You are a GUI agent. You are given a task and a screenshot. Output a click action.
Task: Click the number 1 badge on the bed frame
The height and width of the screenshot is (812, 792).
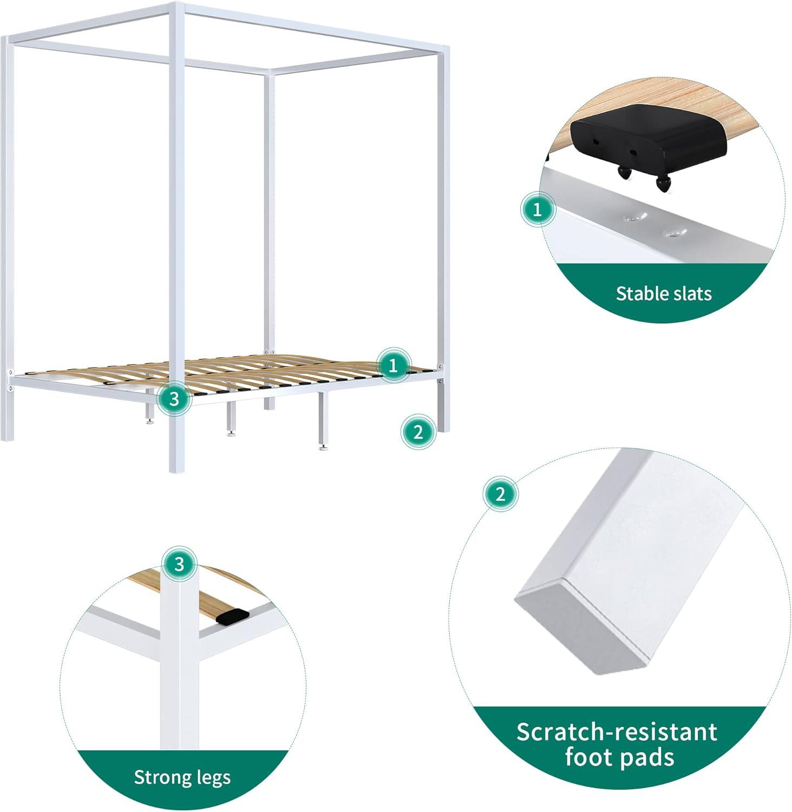[x=393, y=365]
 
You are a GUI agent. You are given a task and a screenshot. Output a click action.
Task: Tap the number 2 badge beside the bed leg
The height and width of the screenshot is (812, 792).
[x=418, y=432]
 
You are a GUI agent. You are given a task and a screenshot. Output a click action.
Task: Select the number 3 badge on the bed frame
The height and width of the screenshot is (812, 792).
[x=174, y=399]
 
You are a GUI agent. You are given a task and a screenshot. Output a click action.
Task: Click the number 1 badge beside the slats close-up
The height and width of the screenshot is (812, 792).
[x=538, y=209]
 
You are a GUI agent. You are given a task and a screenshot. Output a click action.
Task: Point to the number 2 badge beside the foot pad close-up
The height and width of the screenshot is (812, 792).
[x=500, y=494]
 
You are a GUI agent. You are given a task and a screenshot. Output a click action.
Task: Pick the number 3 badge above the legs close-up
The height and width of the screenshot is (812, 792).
[x=179, y=565]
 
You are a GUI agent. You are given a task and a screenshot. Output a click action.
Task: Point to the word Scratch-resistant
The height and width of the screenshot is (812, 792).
[x=617, y=732]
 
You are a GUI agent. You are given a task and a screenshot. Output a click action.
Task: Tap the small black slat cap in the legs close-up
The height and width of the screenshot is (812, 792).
[x=232, y=617]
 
